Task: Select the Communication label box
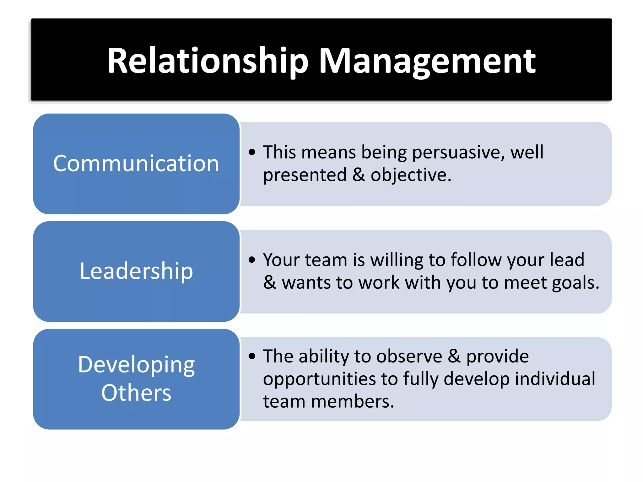[x=136, y=163]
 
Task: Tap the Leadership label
[x=136, y=271]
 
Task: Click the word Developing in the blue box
[x=136, y=365]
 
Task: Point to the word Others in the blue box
[x=136, y=393]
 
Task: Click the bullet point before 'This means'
[x=252, y=153]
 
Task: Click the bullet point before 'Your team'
[x=252, y=260]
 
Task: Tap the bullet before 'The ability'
[x=252, y=356]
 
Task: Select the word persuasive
[x=458, y=153]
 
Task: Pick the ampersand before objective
[x=359, y=175]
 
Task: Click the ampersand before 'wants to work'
[x=269, y=282]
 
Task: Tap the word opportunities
[x=319, y=379]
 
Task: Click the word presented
[x=305, y=175]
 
